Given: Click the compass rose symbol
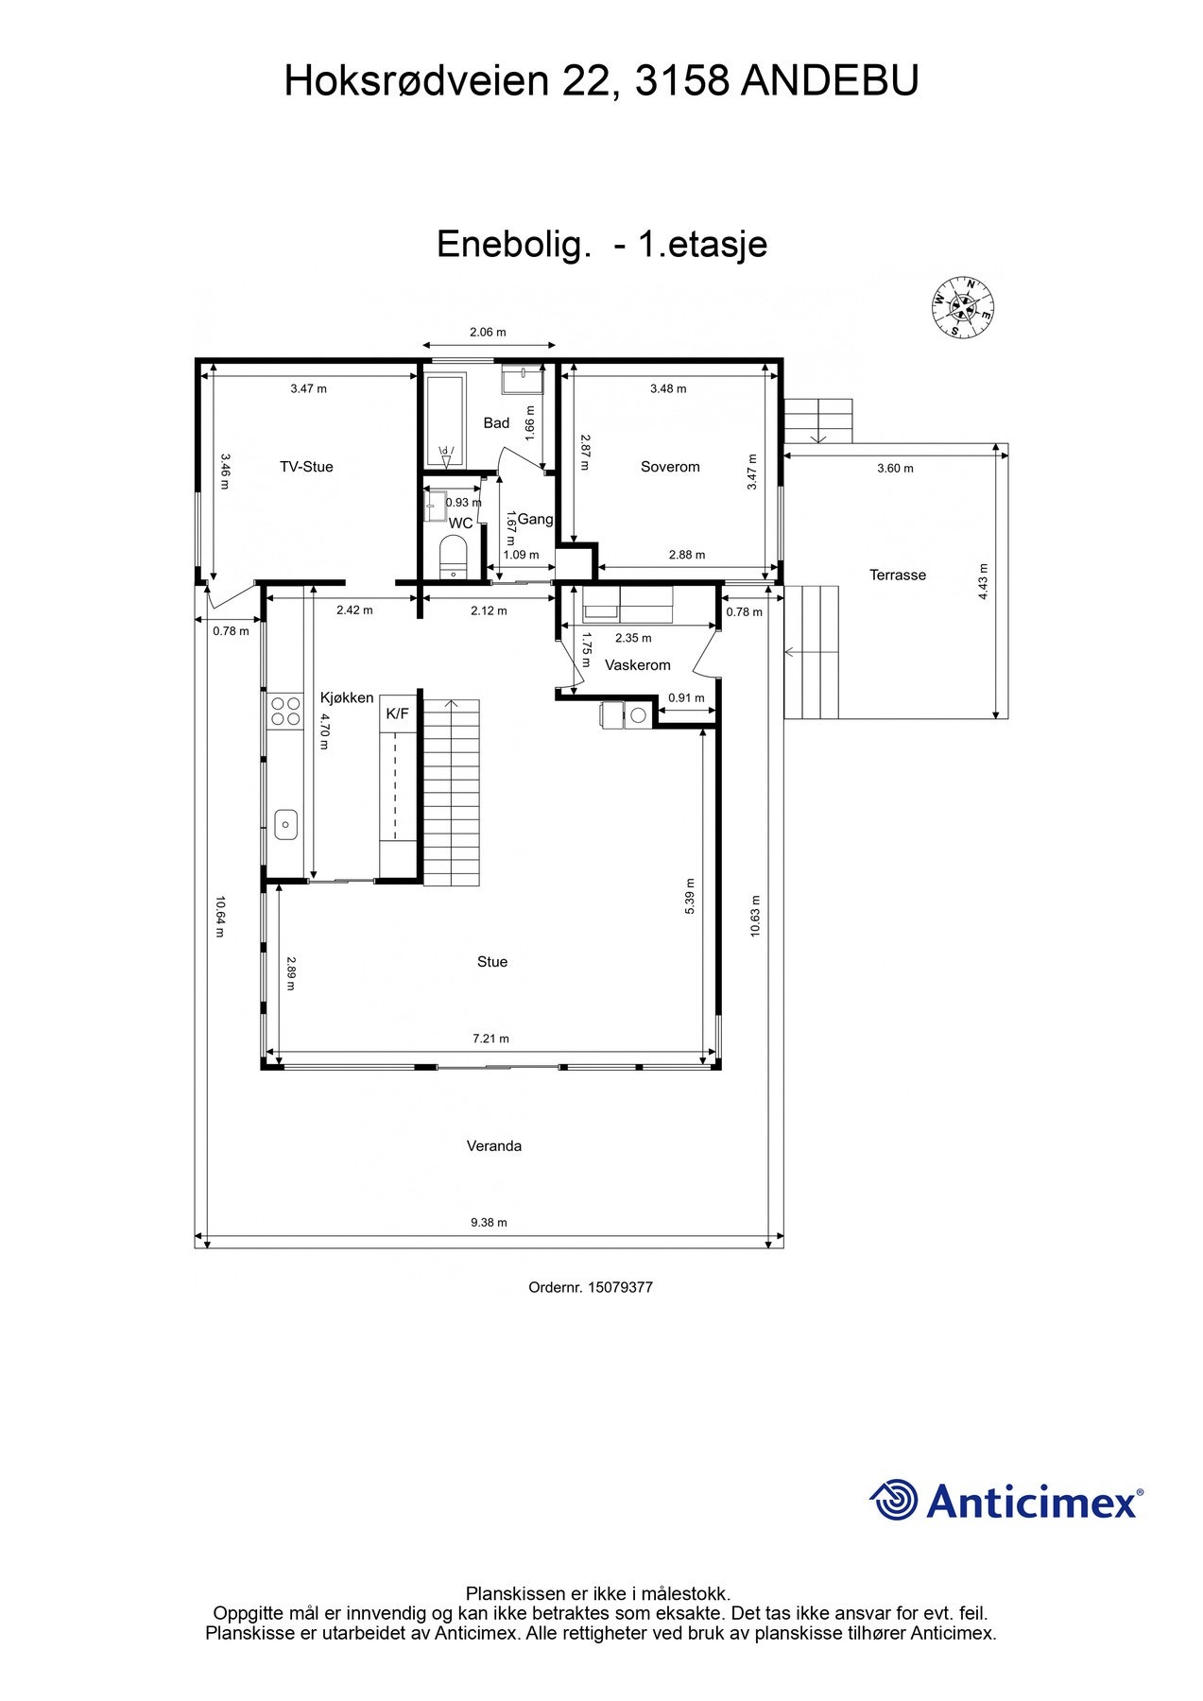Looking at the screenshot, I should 963,308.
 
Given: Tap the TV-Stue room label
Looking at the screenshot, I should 306,467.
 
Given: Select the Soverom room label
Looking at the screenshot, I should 670,467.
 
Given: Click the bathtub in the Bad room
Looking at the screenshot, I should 444,421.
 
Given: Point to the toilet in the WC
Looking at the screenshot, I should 454,556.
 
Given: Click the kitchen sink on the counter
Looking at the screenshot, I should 285,824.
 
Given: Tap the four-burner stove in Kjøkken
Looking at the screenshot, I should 281,711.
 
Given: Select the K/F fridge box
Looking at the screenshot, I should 398,713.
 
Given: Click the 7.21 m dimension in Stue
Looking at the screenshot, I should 490,1039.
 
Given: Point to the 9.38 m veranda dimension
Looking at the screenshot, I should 489,1222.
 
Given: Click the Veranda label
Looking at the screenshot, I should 493,1146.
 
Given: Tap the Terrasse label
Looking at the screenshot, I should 898,575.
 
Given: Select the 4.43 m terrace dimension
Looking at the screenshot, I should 983,581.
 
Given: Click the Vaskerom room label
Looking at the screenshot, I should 638,665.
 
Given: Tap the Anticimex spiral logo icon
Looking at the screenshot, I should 894,1501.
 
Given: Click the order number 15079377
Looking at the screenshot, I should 620,1287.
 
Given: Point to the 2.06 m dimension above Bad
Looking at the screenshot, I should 488,332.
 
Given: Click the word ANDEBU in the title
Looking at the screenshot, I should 829,81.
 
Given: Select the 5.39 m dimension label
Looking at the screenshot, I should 690,896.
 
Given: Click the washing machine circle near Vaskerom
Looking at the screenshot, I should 639,715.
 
